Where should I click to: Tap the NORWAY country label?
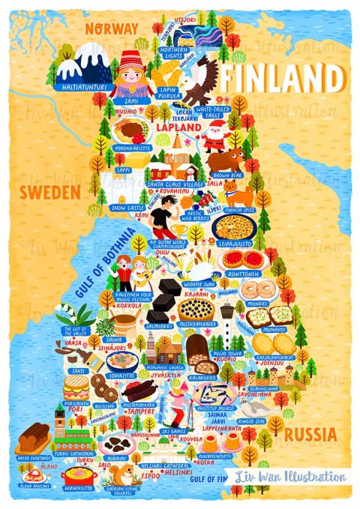pos(112,28)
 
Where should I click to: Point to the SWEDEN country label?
pos(50,193)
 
